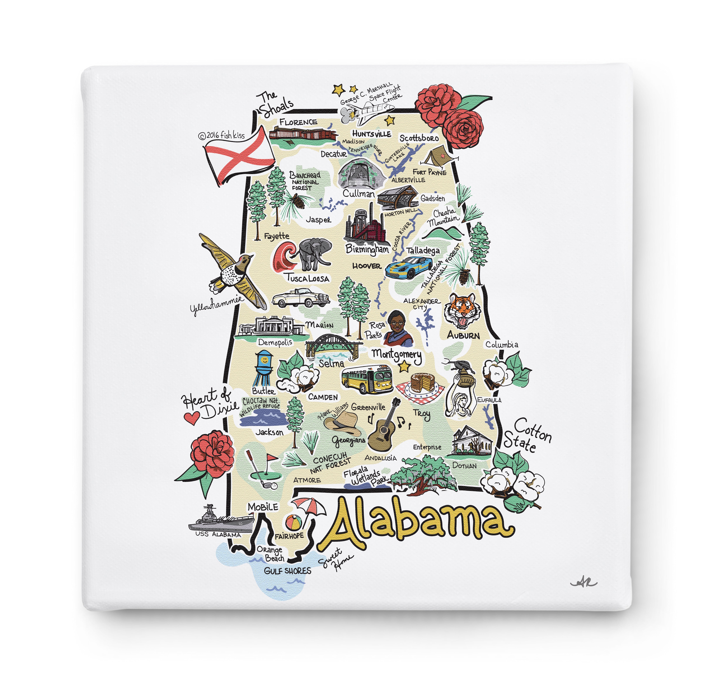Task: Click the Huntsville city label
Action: [x=372, y=134]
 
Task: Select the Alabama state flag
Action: [x=239, y=155]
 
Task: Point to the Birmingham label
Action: [x=367, y=249]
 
